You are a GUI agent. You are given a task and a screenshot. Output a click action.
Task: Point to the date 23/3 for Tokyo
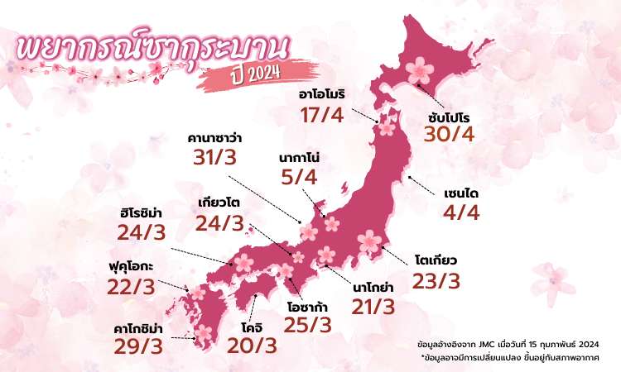click(436, 281)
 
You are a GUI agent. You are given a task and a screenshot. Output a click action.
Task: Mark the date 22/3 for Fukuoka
click(131, 289)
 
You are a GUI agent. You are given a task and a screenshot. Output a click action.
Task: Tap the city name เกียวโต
click(219, 201)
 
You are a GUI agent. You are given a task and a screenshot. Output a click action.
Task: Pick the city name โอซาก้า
click(309, 305)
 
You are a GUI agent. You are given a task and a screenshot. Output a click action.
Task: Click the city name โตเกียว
click(436, 260)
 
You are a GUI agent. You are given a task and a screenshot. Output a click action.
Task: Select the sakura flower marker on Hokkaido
click(421, 67)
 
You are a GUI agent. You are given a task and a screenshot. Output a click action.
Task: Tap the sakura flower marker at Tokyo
click(369, 242)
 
